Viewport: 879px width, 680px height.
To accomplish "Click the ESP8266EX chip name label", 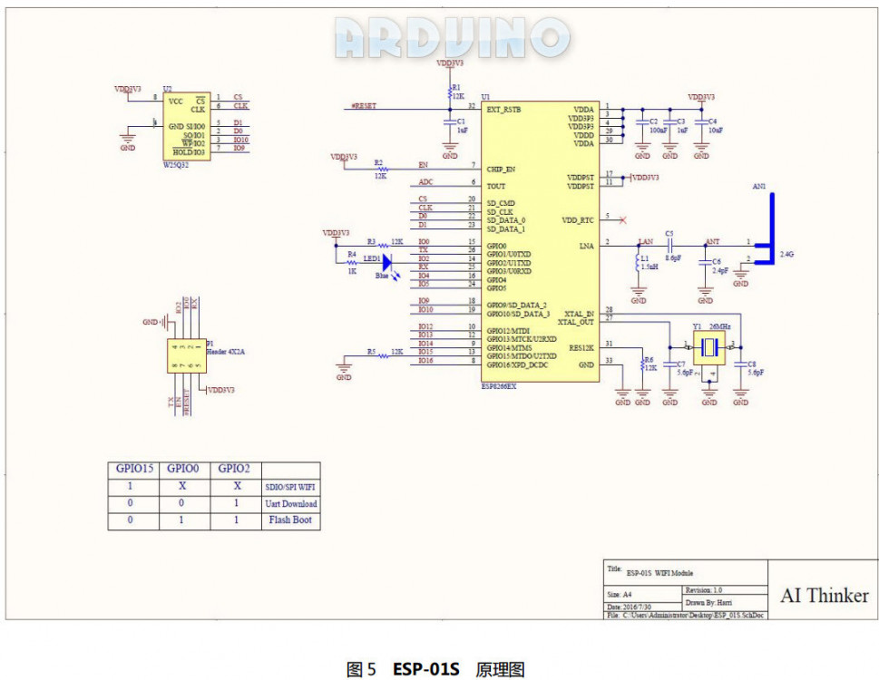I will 500,385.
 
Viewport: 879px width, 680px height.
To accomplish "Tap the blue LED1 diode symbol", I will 386,262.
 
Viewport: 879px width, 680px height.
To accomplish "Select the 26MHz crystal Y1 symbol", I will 709,345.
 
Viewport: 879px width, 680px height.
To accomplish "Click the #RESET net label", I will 364,106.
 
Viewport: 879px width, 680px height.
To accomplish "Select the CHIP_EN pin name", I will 501,169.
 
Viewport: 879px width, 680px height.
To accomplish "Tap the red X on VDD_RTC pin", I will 622,219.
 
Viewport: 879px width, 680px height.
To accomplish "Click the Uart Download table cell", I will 291,504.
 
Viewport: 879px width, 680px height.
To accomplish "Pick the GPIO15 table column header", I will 133,469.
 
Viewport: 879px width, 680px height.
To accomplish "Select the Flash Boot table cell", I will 291,520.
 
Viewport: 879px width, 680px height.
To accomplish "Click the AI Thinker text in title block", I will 824,596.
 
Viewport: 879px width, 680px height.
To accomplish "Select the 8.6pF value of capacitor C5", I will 672,258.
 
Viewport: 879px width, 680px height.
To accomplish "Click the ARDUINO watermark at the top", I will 451,38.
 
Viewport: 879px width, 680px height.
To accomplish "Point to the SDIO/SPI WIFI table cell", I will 291,487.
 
